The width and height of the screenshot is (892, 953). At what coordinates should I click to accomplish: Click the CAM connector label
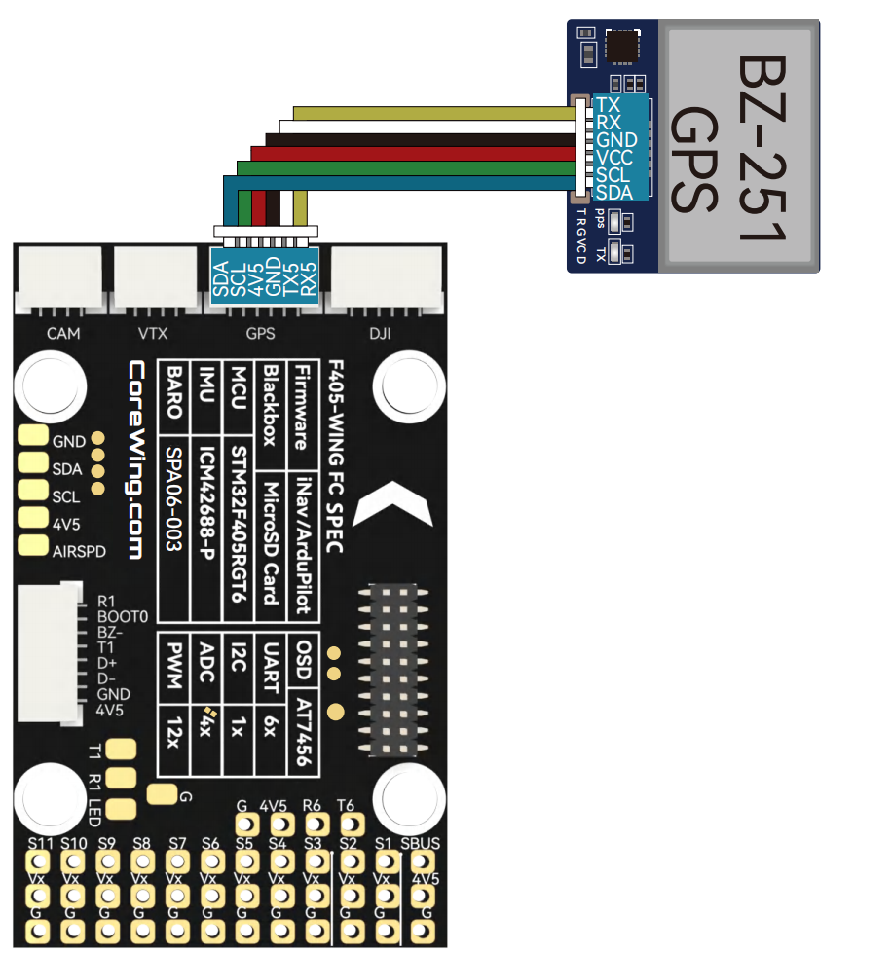coord(63,333)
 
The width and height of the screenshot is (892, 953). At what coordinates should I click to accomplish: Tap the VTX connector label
coord(153,333)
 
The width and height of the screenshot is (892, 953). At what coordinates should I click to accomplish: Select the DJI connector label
coord(380,333)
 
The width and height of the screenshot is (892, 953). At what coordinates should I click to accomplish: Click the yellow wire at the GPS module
coord(434,114)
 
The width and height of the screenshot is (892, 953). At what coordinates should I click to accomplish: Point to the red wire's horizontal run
coord(413,154)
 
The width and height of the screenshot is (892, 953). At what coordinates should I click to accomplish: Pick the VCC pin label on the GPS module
coord(614,158)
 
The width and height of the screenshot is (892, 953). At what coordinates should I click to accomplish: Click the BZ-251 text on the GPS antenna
coord(763,148)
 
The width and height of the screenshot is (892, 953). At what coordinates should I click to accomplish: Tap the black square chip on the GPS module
coord(622,46)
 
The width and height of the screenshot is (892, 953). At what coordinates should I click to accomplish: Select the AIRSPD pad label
coord(79,552)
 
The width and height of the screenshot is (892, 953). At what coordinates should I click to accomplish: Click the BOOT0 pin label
coord(123,617)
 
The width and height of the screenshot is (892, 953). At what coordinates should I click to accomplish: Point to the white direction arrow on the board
coord(393,504)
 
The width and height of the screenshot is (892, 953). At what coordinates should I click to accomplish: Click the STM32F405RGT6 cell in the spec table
coord(239,524)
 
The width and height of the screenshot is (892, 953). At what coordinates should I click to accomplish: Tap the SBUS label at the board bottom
coord(420,844)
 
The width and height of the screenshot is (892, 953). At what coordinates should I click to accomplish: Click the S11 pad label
coord(41,844)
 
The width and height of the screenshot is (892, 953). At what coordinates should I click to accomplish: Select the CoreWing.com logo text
coord(136,459)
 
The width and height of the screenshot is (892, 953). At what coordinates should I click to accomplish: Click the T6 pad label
coord(346,805)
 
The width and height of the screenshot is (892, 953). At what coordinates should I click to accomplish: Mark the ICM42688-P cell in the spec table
coord(206,503)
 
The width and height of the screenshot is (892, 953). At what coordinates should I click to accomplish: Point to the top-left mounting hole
coord(50,386)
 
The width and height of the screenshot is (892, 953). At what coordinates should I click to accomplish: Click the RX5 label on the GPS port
coord(309,279)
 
